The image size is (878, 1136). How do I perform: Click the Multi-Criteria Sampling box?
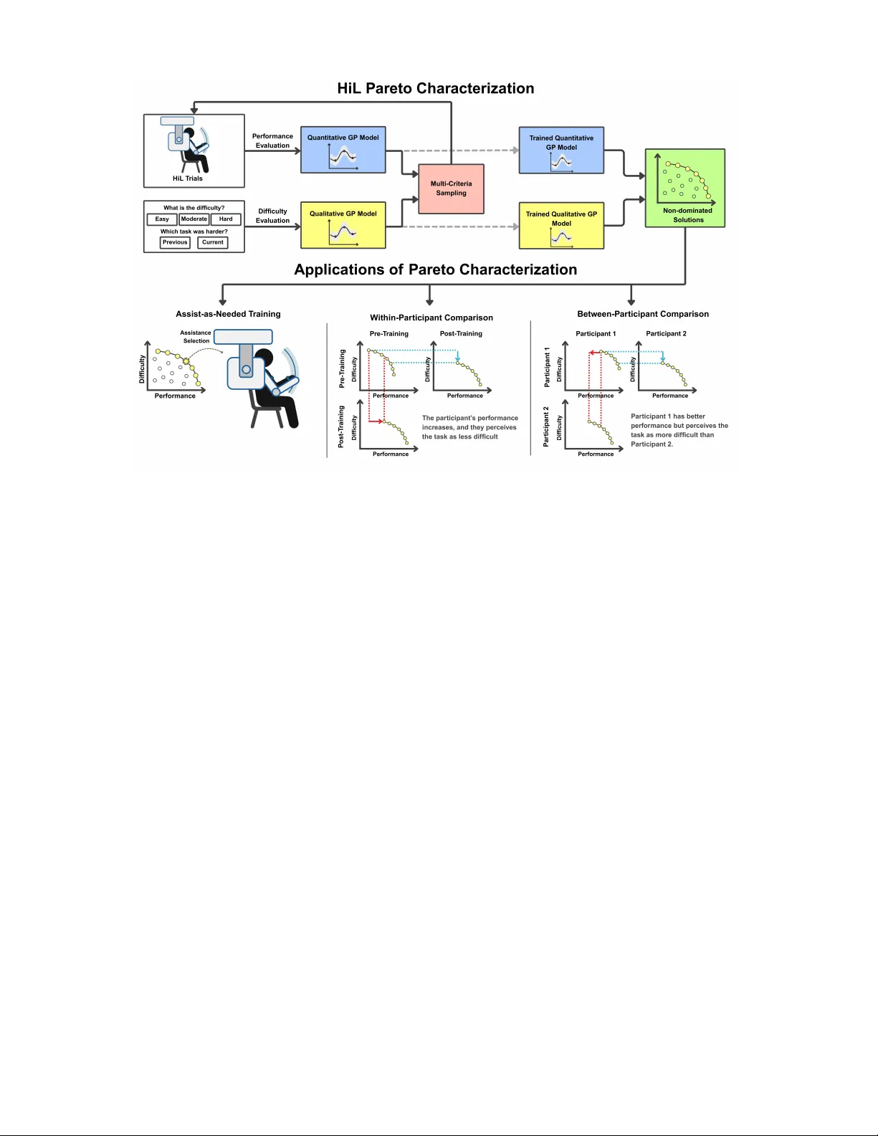451,188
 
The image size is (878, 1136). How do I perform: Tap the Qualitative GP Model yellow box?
343,225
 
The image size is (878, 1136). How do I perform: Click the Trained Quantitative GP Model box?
561,150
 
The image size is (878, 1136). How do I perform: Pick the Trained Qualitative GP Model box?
561,226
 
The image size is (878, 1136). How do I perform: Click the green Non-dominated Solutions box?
685,188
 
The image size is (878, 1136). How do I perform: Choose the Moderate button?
194,219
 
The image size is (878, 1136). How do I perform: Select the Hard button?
226,219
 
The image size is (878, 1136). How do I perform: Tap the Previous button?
175,242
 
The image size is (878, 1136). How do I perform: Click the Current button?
213,242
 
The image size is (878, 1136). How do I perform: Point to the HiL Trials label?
188,178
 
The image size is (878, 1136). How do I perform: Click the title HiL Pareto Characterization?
436,88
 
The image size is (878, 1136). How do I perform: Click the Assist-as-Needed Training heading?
228,314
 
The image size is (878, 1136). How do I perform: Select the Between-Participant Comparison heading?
643,314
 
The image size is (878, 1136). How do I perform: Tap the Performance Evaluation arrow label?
272,140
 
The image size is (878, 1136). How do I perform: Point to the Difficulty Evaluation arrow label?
272,216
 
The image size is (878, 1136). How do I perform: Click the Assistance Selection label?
196,337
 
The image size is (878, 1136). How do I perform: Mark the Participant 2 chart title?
666,333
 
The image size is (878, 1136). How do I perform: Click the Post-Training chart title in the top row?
461,333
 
